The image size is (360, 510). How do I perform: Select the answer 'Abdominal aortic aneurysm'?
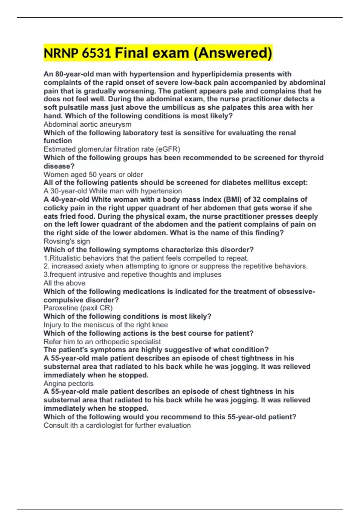pos(87,124)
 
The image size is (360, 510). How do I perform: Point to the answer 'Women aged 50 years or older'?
pos(93,174)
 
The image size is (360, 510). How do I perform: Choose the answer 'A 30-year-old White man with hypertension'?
pos(113,191)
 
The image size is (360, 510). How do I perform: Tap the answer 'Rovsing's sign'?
pos(67,241)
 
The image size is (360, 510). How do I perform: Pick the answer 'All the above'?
pos(64,283)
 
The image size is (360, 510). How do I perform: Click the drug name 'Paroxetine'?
pos(60,308)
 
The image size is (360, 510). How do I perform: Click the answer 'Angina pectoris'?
pos(68,383)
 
